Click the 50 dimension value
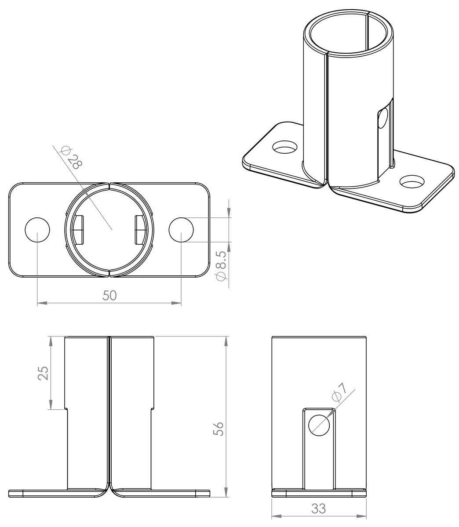click(x=109, y=296)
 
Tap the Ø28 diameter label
click(x=71, y=157)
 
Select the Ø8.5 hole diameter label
click(x=221, y=266)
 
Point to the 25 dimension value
click(x=43, y=373)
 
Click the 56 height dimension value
click(x=218, y=429)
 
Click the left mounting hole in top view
click(x=37, y=230)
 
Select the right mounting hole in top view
click(x=181, y=230)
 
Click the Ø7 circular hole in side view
click(x=319, y=425)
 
